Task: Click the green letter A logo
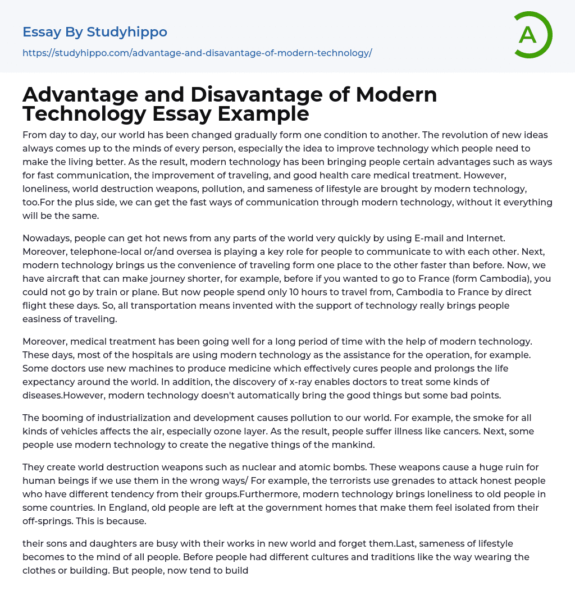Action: pos(531,35)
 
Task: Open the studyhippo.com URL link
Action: pos(197,53)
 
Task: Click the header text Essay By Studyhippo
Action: pos(95,32)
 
